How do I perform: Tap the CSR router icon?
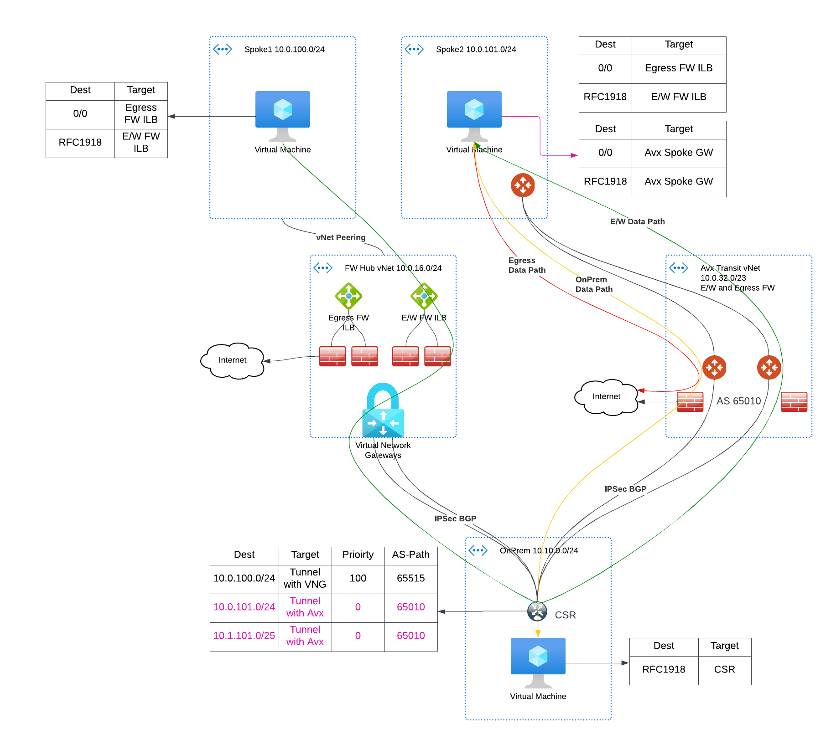point(537,611)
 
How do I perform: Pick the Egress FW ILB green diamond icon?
point(348,296)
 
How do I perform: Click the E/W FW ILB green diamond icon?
point(424,296)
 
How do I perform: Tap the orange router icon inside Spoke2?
point(523,185)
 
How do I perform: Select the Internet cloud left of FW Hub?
point(232,360)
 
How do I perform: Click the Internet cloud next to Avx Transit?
point(606,397)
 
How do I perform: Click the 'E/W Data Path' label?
point(637,221)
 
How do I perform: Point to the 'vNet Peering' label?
point(341,237)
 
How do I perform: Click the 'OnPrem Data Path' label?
point(594,284)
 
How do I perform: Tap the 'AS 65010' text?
point(738,401)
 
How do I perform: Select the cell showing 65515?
point(410,579)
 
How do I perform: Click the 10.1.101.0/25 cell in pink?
point(244,636)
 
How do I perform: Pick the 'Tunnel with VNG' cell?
point(305,579)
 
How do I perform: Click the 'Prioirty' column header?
point(358,555)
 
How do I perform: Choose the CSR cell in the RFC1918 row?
point(724,670)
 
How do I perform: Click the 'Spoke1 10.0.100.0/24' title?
point(284,49)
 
